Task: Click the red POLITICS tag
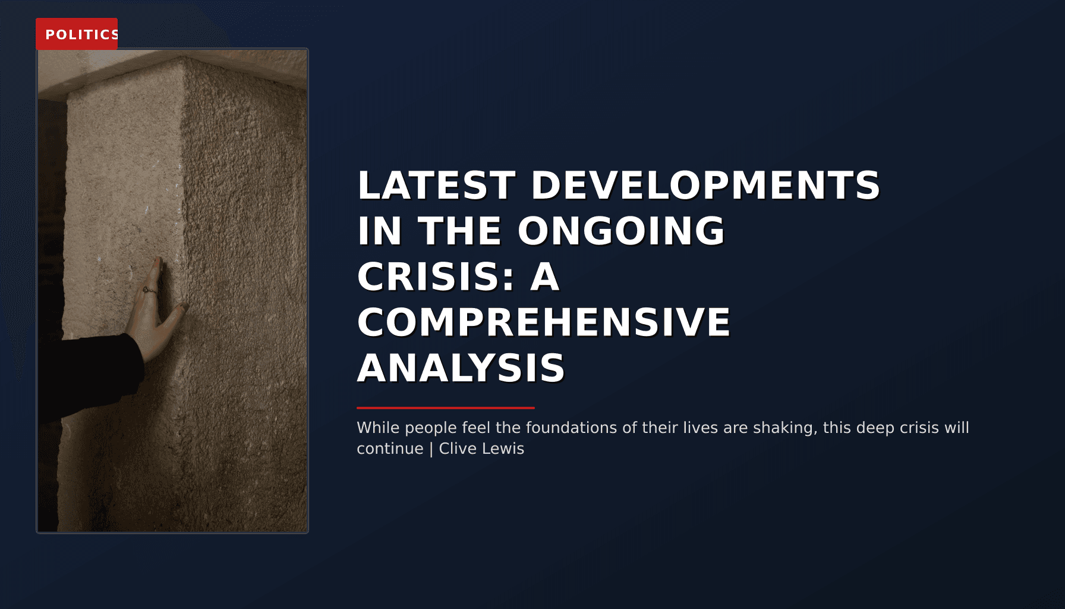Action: click(x=77, y=34)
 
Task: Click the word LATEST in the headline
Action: click(x=436, y=185)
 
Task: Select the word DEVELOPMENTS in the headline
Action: click(x=705, y=185)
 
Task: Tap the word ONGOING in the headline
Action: click(x=621, y=231)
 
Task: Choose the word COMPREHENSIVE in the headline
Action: click(x=543, y=322)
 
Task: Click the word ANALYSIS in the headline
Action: click(x=461, y=368)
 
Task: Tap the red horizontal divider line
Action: click(x=446, y=408)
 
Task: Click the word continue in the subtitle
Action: click(x=390, y=448)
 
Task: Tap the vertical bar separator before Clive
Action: click(x=431, y=448)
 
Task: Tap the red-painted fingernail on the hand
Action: click(x=157, y=261)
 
